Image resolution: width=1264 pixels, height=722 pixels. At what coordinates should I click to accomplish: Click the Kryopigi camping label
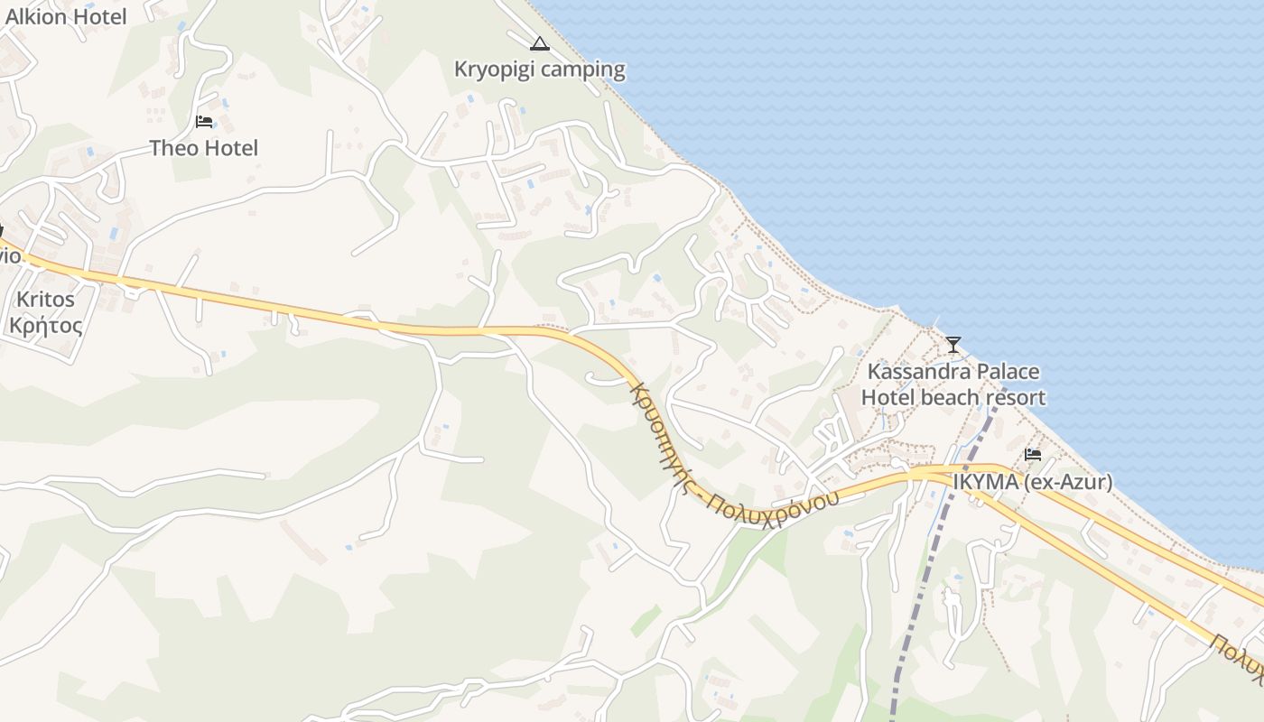[x=539, y=69]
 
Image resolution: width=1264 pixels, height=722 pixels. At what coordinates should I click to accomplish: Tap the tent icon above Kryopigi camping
[x=539, y=43]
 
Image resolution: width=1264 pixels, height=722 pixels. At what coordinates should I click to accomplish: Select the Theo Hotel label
[x=203, y=148]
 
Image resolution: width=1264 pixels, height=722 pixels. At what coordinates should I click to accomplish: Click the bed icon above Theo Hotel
[x=204, y=121]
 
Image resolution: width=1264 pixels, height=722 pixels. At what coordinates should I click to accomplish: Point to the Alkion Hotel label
[x=66, y=16]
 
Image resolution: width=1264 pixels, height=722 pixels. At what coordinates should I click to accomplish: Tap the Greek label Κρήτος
[x=45, y=325]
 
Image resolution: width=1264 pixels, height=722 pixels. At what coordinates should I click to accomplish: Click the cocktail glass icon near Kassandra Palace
[x=953, y=344]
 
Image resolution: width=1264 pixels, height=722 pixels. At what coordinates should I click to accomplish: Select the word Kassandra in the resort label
[x=907, y=372]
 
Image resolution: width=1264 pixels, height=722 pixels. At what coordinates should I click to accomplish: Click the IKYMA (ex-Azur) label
[x=1032, y=483]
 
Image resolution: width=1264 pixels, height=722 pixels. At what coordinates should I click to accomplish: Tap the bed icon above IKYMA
[x=1033, y=454]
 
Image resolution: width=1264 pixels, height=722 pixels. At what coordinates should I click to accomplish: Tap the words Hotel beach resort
[x=953, y=397]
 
